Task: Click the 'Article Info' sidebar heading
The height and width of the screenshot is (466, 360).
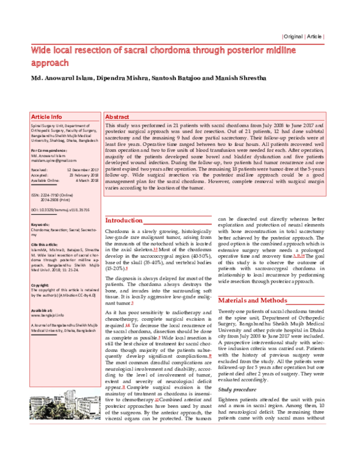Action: [x=46, y=116]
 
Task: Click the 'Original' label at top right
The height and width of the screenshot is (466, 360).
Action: [x=295, y=37]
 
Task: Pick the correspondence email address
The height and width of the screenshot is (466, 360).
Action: [x=51, y=159]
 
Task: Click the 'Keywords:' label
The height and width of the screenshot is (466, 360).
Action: [x=40, y=224]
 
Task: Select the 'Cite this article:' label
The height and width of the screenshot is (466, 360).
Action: [x=46, y=245]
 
